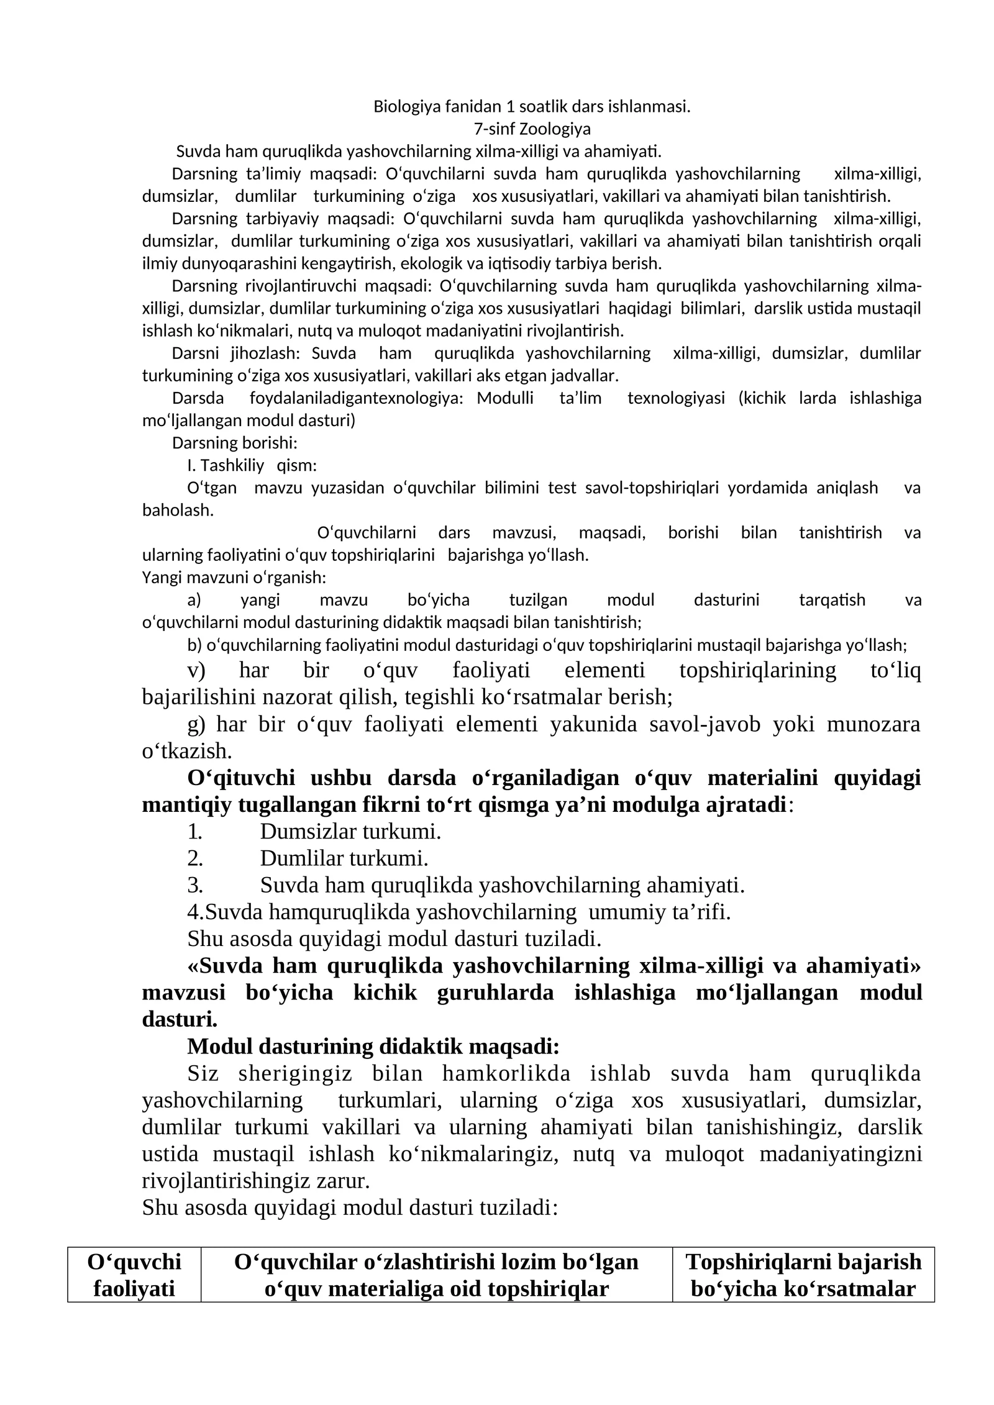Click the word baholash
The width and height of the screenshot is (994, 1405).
pos(178,510)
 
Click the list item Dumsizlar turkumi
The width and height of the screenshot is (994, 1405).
pos(350,831)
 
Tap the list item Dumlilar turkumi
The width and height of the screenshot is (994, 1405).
pos(344,858)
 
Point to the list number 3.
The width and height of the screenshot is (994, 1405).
pos(194,884)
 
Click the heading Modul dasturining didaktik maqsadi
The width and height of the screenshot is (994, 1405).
pos(373,1047)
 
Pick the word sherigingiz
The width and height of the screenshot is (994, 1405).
pos(295,1073)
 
